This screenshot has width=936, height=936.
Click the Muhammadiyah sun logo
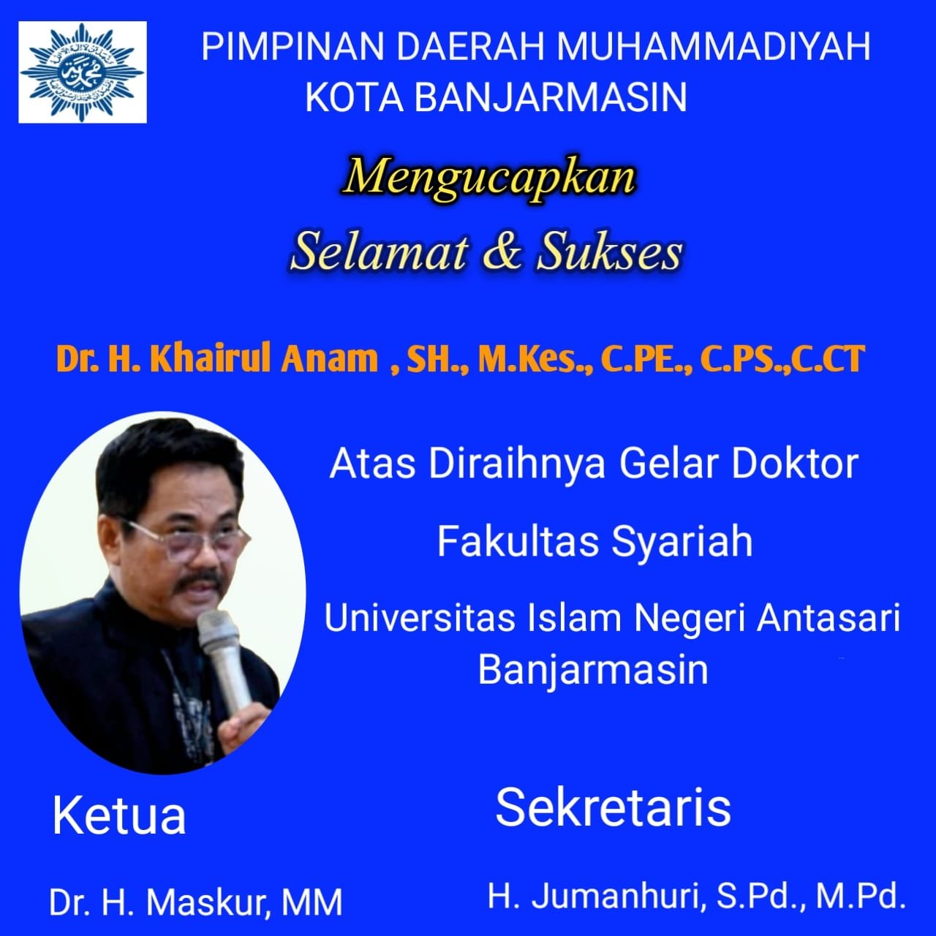tap(83, 72)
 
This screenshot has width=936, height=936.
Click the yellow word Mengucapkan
tap(488, 178)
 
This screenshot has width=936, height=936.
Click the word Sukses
tap(609, 253)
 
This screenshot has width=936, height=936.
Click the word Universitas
tap(420, 619)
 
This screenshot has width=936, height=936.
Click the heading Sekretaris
tap(613, 807)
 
